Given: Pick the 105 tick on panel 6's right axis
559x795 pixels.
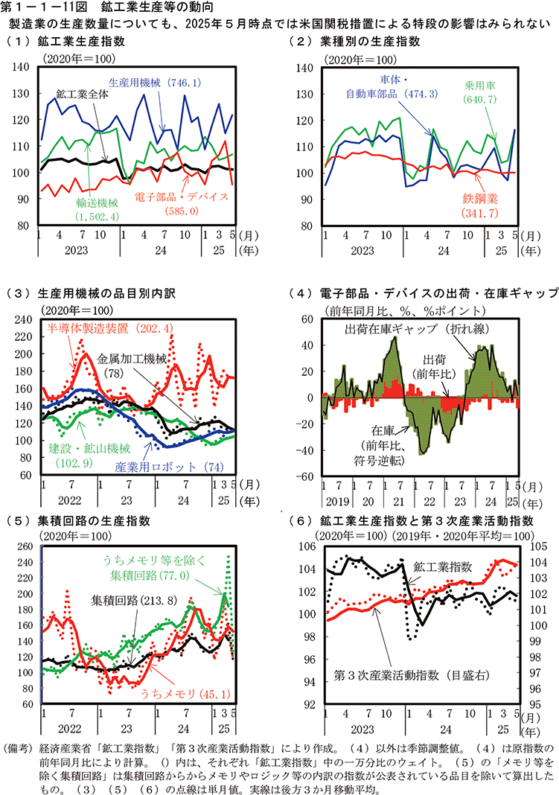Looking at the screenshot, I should (x=534, y=547).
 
